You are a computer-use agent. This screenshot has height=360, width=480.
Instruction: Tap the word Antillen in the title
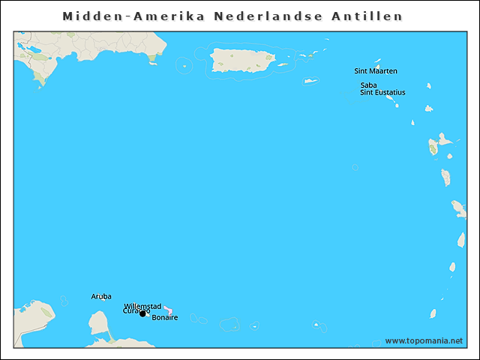[x=367, y=16]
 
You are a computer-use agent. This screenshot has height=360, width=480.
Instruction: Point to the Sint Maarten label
[x=376, y=71]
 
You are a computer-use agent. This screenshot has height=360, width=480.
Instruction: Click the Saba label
[x=368, y=85]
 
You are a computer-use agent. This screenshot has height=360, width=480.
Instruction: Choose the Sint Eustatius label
[x=382, y=92]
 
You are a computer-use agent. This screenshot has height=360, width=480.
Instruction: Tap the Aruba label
[x=101, y=296]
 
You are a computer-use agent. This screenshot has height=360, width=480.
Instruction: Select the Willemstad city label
[x=142, y=306]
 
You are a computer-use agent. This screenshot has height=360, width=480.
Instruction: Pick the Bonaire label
[x=165, y=318]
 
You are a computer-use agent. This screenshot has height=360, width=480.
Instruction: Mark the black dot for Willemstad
[x=142, y=313]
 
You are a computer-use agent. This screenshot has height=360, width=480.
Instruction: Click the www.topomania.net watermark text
[x=424, y=340]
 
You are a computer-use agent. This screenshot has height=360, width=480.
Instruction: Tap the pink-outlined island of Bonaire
[x=168, y=310]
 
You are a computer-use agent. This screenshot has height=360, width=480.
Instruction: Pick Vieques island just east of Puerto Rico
[x=283, y=64]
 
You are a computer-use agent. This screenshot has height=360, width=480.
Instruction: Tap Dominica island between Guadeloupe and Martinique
[x=445, y=178]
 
